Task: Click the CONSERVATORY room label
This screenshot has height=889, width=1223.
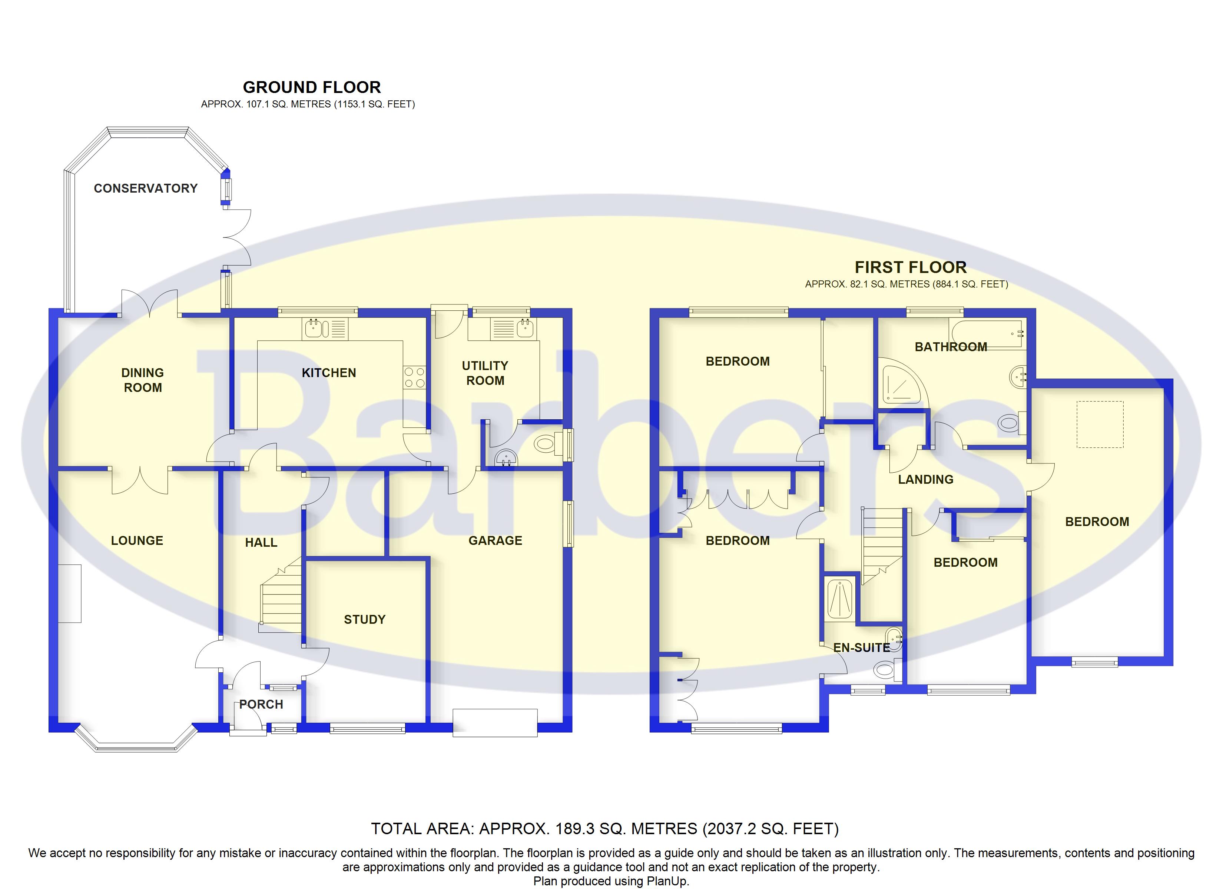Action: [146, 188]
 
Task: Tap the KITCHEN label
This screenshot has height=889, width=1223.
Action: [329, 373]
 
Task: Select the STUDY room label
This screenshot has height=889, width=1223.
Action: [365, 619]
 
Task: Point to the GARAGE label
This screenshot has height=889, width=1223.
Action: [495, 540]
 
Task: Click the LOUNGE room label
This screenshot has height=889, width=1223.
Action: [137, 540]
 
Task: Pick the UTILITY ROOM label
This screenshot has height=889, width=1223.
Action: [485, 373]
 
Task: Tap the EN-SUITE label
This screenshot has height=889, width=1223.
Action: [862, 647]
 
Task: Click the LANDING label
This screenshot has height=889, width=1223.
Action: [925, 479]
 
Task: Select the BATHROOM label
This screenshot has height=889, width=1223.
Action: [951, 347]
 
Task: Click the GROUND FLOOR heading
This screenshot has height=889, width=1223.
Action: [312, 87]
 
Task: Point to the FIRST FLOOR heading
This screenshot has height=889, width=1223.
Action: [910, 267]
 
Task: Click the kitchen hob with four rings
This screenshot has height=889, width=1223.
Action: [414, 377]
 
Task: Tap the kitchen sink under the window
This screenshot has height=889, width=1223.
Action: [325, 328]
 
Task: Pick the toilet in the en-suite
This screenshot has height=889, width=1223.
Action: [888, 669]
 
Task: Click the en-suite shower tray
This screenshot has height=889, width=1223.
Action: [839, 599]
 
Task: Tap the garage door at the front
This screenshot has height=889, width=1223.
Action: [495, 723]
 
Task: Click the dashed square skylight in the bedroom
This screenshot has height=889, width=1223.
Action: [1100, 424]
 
